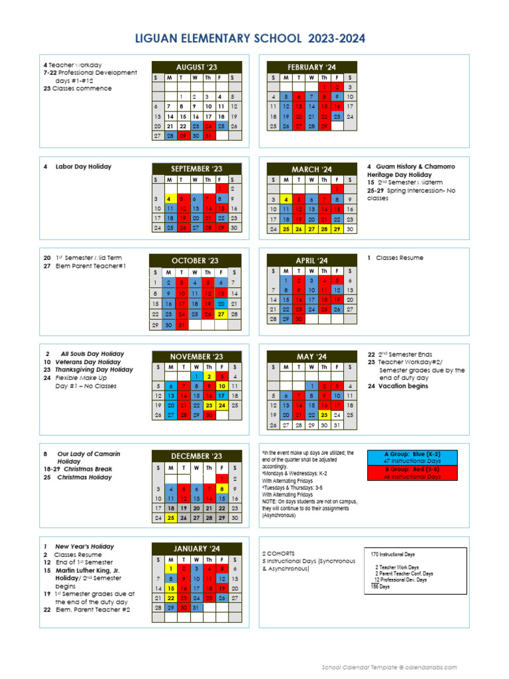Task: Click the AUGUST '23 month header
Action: click(x=196, y=67)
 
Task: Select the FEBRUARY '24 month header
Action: click(x=311, y=67)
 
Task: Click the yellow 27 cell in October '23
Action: click(x=221, y=314)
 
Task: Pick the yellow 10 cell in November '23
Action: click(x=221, y=386)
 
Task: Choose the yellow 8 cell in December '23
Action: click(x=221, y=489)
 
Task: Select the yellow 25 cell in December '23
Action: click(x=170, y=518)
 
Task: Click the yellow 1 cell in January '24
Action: click(x=170, y=568)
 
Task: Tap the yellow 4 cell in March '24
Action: click(x=286, y=199)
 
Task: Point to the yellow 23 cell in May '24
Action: click(x=325, y=415)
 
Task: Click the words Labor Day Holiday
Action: click(x=84, y=166)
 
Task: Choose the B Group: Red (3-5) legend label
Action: click(x=412, y=469)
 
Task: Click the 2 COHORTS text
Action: click(x=278, y=553)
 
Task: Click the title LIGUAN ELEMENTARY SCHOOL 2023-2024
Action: click(x=254, y=39)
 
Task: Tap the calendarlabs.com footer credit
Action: click(x=389, y=667)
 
